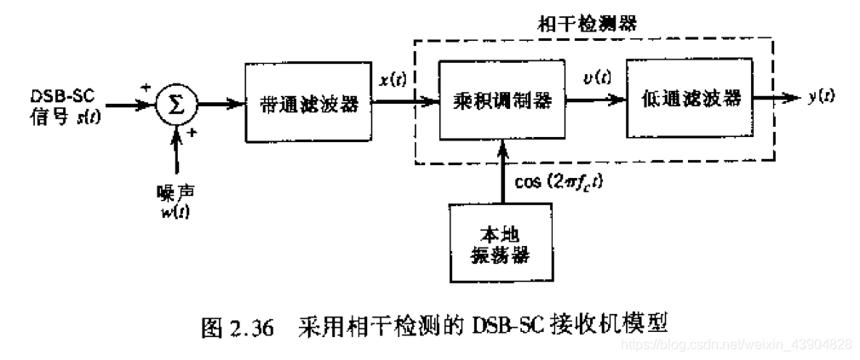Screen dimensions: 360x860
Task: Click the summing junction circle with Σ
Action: click(176, 105)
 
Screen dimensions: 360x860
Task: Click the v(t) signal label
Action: click(599, 78)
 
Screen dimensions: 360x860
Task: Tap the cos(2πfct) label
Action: click(553, 182)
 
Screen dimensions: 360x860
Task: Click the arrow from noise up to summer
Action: click(177, 153)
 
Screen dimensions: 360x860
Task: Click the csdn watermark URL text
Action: click(737, 344)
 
